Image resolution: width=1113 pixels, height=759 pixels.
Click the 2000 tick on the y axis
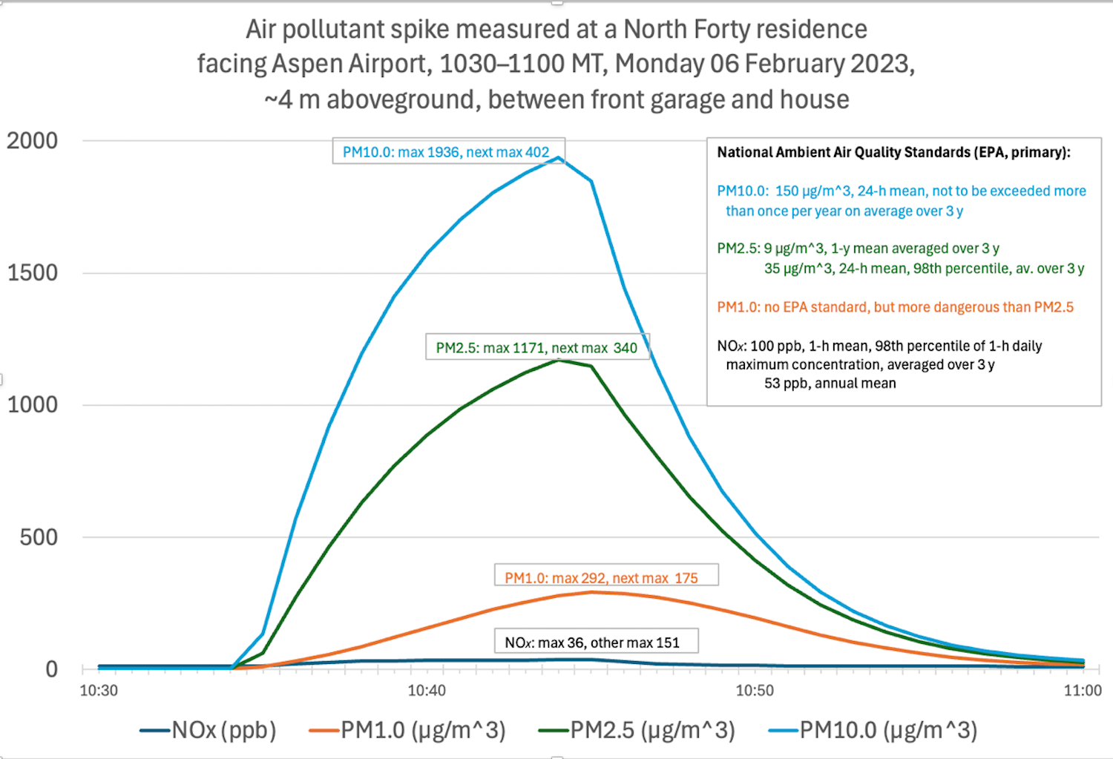33,140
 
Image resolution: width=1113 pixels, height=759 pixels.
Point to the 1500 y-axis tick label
33,272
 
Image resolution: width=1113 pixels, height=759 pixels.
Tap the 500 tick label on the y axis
39,536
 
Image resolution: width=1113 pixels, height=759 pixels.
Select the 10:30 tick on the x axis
99,691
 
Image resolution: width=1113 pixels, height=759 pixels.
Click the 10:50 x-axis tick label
755,691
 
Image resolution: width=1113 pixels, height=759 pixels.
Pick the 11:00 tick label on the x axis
1083,691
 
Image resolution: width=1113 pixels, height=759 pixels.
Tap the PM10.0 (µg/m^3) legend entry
887,731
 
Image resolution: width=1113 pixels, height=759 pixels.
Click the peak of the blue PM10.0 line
558,157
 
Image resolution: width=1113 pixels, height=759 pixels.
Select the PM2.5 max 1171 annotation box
536,348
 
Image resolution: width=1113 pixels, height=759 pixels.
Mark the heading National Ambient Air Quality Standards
893,152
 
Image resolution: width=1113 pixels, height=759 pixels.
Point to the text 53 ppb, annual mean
830,384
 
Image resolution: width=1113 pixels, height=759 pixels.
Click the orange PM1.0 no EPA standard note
895,307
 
